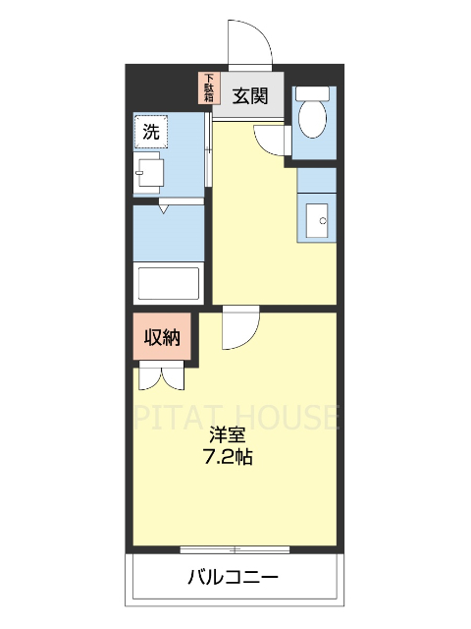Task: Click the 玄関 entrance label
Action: point(250,95)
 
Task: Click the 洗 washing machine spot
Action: point(151,131)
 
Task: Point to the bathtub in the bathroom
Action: point(168,283)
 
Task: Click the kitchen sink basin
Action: point(318,219)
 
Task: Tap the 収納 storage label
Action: point(163,338)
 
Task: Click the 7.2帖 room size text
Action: point(227,457)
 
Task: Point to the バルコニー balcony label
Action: point(234,577)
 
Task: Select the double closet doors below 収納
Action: point(160,377)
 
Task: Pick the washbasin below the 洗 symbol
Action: point(150,172)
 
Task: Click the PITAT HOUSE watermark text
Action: point(235,417)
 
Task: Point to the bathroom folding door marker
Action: point(164,207)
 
